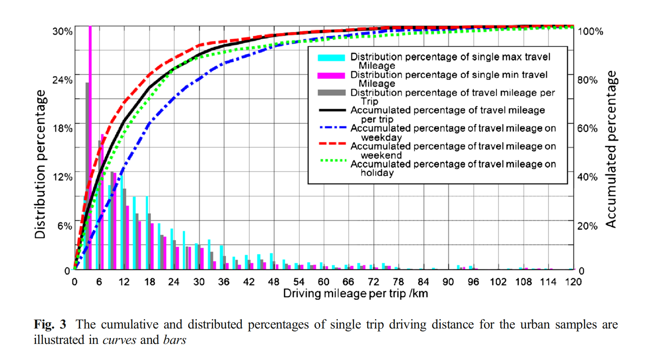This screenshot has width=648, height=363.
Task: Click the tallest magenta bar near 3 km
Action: [90, 147]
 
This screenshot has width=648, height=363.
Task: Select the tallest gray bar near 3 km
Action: [87, 176]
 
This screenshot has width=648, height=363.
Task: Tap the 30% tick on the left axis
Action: [62, 32]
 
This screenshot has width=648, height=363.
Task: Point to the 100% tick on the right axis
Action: [590, 32]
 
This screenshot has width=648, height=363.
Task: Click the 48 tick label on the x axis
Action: [273, 282]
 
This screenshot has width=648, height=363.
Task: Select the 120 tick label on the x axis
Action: [573, 282]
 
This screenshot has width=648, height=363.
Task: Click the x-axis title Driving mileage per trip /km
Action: [355, 294]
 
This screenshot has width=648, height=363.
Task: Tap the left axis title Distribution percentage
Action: [40, 164]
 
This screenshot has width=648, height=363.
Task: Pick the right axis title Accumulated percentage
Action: [611, 149]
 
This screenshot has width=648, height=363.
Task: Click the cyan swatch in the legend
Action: [331, 58]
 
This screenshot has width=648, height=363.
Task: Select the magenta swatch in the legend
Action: [331, 76]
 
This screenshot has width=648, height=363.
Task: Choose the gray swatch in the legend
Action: [331, 93]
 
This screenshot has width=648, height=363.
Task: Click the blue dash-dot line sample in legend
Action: [332, 128]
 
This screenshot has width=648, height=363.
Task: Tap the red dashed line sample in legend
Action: [332, 144]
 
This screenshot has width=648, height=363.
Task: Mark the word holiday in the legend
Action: [377, 173]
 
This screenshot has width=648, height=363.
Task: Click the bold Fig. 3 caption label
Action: [50, 324]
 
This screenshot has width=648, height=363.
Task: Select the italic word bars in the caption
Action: [175, 340]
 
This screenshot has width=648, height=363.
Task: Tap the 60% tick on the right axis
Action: [587, 128]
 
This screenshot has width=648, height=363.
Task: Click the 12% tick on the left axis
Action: [62, 177]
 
